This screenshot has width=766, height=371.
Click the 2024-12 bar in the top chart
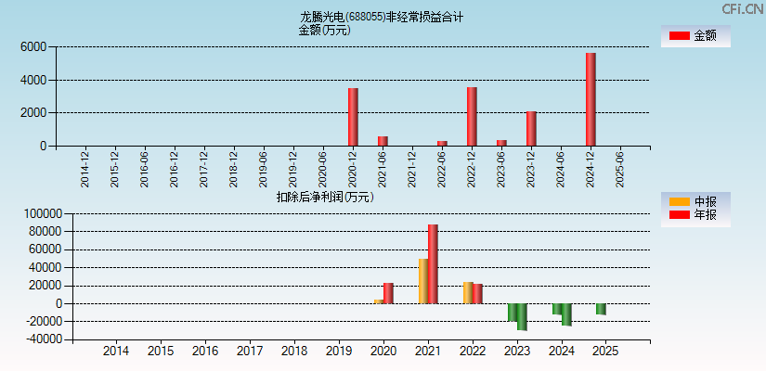click(591, 99)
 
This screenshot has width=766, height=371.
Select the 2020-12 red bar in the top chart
click(353, 117)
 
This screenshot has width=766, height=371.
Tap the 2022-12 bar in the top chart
click(472, 116)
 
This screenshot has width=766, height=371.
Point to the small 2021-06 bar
click(383, 141)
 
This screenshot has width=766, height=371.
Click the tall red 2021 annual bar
click(433, 263)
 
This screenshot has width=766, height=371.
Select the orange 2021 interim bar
click(423, 281)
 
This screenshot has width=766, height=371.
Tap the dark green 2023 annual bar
click(522, 316)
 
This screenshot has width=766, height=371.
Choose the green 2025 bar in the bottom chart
click(601, 309)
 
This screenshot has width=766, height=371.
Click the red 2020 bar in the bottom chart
click(388, 293)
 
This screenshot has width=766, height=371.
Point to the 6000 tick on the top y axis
click(33, 46)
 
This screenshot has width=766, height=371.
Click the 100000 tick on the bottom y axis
click(41, 213)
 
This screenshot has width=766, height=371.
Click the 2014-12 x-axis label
click(84, 169)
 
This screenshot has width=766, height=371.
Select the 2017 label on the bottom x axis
click(250, 352)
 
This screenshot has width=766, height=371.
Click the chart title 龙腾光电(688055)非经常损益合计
click(381, 17)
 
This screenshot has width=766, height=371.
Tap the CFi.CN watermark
click(742, 8)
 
